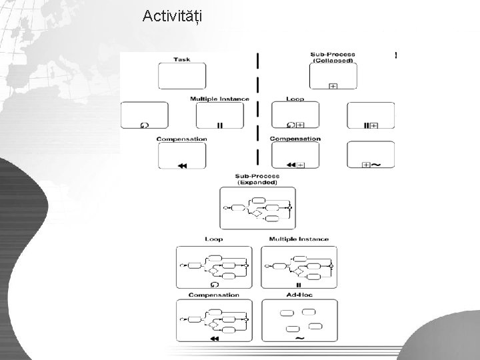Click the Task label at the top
181,59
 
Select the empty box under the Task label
182,76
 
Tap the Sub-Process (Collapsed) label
333,57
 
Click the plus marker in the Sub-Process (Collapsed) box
333,85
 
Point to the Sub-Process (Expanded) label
257,179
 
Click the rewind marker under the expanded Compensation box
214,339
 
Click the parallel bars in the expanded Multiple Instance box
299,284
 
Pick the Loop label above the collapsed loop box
295,99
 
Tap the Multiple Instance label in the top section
219,99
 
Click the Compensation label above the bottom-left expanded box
214,295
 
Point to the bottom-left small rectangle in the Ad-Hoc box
291,329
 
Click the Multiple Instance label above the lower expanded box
299,239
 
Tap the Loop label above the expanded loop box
214,239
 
